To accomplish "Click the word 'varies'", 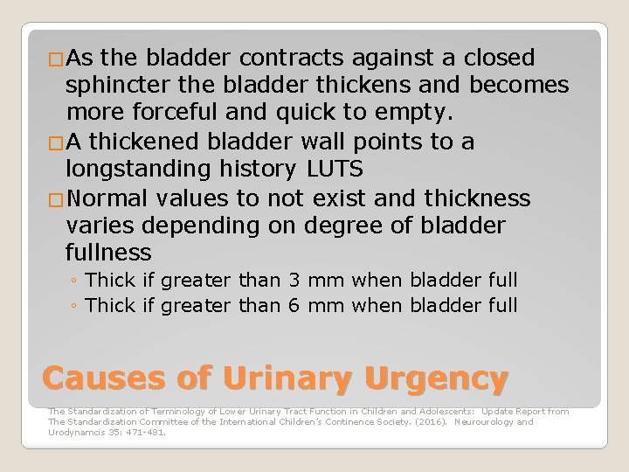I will (100, 226).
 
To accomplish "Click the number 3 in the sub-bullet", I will (294, 281).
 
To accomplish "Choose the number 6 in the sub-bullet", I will (294, 305).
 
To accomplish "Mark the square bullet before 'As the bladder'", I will (56, 59).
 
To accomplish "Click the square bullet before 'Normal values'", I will (56, 198).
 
